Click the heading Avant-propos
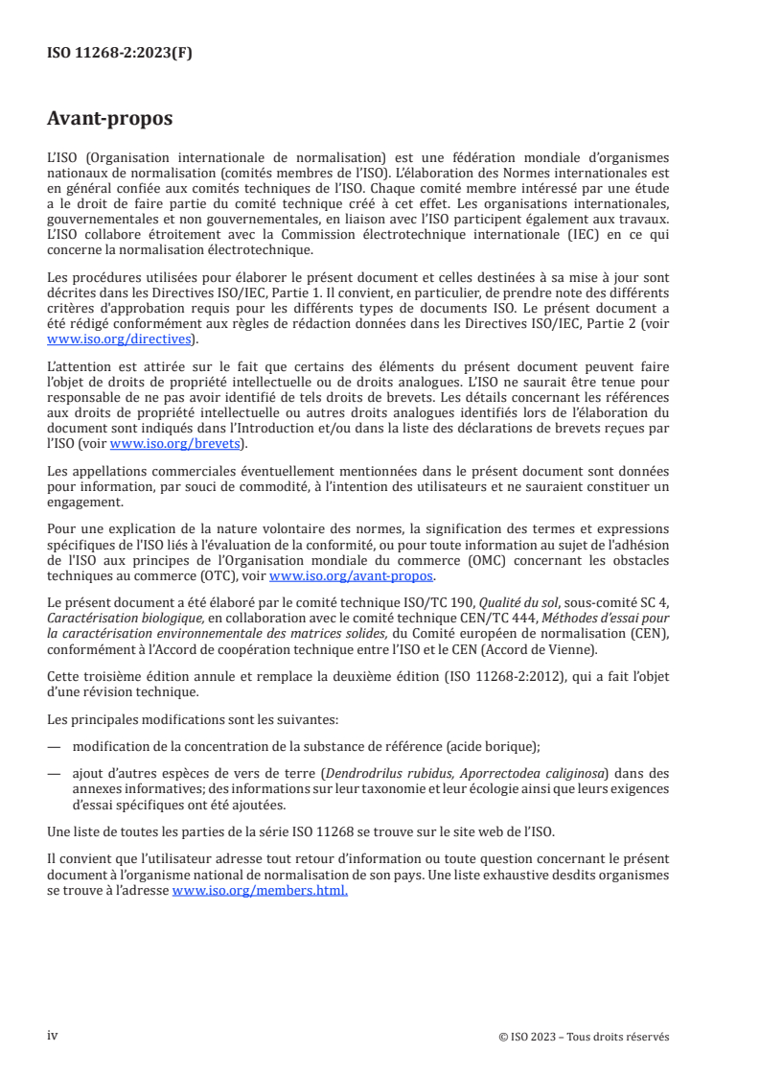coord(110,119)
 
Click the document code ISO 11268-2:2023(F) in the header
coord(120,54)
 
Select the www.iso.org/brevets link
coord(175,443)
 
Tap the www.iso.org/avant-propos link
coord(352,575)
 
